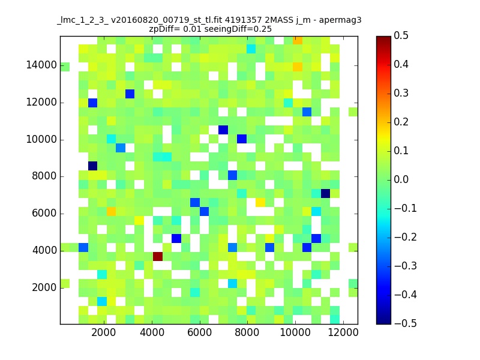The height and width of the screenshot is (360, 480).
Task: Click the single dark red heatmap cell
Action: pos(158,256)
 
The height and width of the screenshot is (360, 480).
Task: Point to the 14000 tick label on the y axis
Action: pos(41,65)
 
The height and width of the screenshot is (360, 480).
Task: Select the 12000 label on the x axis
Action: pos(343,332)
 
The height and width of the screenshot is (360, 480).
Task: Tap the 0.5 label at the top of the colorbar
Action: pos(401,35)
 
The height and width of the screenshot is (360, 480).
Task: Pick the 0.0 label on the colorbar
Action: pos(401,179)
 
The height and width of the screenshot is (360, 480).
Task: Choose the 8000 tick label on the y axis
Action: pos(44,176)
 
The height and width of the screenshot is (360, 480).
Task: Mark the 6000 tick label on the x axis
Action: pos(200,332)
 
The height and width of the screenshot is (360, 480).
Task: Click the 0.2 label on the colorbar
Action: pos(401,122)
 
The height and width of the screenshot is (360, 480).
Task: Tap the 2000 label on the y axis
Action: pos(44,287)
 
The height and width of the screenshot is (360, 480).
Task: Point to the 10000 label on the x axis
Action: pos(295,332)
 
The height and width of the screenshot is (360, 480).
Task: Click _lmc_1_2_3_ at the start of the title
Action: pos(83,21)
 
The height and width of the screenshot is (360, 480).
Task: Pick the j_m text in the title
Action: pos(303,21)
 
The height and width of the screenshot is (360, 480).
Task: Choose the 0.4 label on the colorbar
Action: pos(401,64)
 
